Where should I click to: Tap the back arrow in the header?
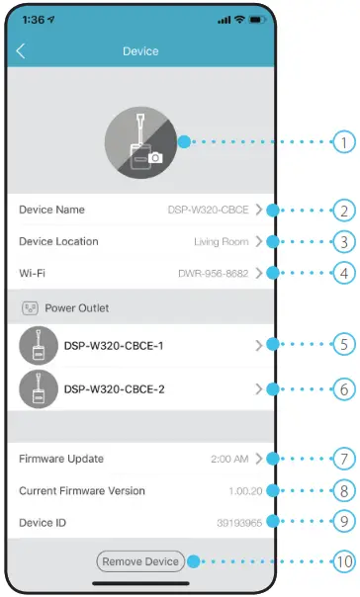(22, 50)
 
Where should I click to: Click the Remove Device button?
(139, 561)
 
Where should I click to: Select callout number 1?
(343, 142)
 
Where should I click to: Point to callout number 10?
(343, 561)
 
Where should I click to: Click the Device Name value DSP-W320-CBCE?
(209, 210)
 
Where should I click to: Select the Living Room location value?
(221, 241)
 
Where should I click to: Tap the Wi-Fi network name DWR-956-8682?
(214, 273)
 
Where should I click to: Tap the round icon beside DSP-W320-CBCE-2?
(39, 389)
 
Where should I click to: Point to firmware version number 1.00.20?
(246, 491)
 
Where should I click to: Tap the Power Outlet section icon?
(31, 307)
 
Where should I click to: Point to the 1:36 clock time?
(35, 19)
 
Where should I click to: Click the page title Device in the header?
(139, 50)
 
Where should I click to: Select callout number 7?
(343, 459)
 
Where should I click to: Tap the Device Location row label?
(58, 241)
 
